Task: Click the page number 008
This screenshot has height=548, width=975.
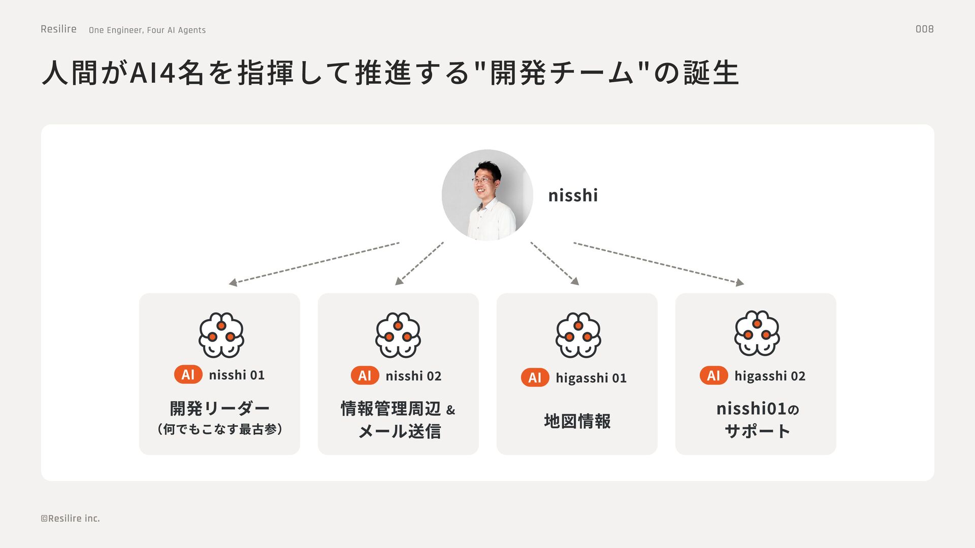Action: [924, 29]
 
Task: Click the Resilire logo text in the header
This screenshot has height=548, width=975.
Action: [58, 29]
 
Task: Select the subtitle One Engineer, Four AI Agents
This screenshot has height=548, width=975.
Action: [147, 30]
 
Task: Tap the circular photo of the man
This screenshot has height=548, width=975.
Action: [487, 195]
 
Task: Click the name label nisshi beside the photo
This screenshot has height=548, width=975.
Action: [573, 195]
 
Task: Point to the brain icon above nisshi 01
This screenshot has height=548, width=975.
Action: [221, 335]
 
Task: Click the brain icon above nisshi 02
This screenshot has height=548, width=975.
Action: [398, 335]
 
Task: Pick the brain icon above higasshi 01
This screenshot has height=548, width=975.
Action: [578, 335]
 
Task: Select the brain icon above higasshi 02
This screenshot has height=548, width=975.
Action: [757, 333]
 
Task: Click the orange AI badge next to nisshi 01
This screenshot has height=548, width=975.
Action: [188, 375]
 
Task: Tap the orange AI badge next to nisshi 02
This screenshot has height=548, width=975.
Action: [365, 376]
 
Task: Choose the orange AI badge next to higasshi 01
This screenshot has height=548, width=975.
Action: [535, 378]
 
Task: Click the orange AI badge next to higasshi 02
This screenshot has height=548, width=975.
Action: [713, 376]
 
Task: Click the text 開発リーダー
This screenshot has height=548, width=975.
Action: [219, 408]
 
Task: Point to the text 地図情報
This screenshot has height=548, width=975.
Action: [577, 421]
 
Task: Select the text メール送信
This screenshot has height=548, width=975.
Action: [400, 431]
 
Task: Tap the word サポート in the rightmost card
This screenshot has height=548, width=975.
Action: [757, 431]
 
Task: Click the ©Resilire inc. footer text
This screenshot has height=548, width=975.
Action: [70, 519]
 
